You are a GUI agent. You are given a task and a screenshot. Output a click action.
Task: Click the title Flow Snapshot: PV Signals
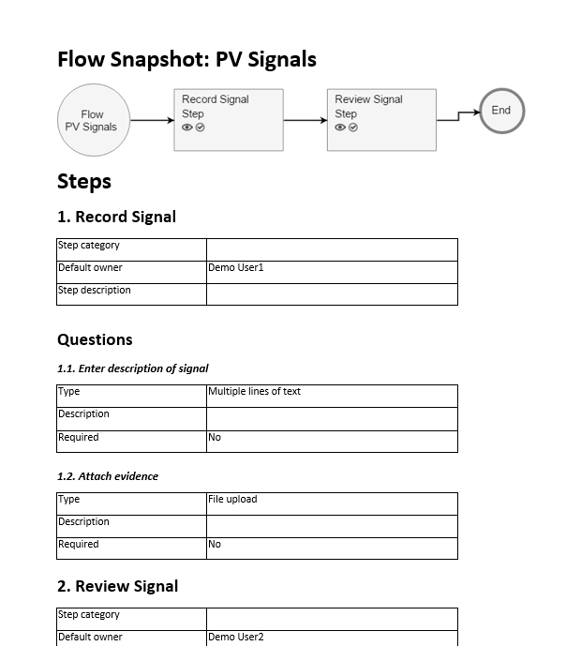[x=186, y=60]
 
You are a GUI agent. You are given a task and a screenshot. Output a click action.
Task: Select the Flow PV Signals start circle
[x=92, y=120]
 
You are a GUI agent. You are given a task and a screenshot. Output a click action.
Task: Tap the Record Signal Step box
[x=229, y=120]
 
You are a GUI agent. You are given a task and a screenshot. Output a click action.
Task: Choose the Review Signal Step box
[x=381, y=120]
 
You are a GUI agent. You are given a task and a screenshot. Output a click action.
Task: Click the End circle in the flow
[x=501, y=111]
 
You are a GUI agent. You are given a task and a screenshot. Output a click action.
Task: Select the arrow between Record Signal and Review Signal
[x=305, y=120]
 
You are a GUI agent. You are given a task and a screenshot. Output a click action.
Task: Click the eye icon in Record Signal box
[x=187, y=128]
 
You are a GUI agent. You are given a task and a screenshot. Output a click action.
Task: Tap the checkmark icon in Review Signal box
[x=353, y=128]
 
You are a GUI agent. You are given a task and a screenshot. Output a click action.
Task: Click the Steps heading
[x=84, y=181]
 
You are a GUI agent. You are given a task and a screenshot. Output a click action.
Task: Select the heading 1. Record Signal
[x=116, y=217]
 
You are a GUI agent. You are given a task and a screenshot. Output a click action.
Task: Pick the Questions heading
[x=95, y=339]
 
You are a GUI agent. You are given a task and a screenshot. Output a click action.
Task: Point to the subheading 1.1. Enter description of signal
[x=132, y=368]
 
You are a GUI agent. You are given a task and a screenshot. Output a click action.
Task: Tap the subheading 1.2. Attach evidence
[x=107, y=476]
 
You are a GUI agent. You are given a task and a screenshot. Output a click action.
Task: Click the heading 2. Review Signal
[x=117, y=586]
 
